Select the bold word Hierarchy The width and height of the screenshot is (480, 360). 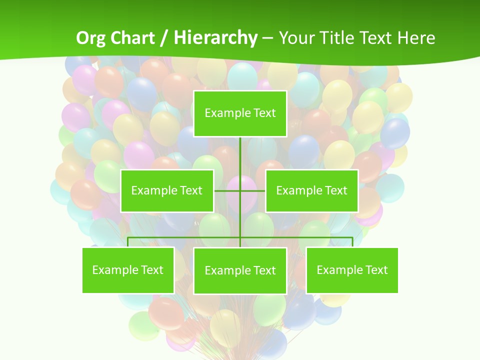coord(215,38)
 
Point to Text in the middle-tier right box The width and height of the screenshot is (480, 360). coord(335,190)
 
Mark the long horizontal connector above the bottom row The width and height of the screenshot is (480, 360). coord(185,237)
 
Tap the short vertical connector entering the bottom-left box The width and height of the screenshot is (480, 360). coord(128,242)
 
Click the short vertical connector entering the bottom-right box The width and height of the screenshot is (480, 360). coord(352,242)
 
